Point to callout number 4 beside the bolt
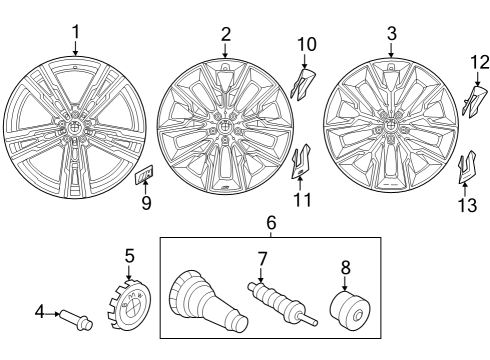[41, 313]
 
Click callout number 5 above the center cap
[129, 257]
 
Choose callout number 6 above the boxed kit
[270, 221]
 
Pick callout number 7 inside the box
[262, 260]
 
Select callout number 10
[306, 44]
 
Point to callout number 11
[303, 199]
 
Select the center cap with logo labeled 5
[129, 302]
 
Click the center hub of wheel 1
[75, 129]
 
